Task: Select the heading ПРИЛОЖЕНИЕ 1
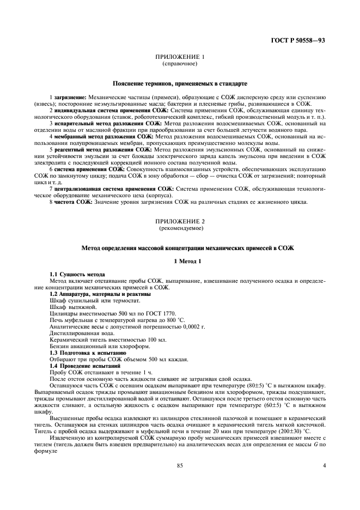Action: click(180, 57)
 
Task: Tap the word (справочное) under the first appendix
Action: click(180, 64)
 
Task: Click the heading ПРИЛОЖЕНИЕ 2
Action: click(180, 222)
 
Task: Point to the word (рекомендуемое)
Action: click(180, 229)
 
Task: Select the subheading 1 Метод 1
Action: click(180, 262)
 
